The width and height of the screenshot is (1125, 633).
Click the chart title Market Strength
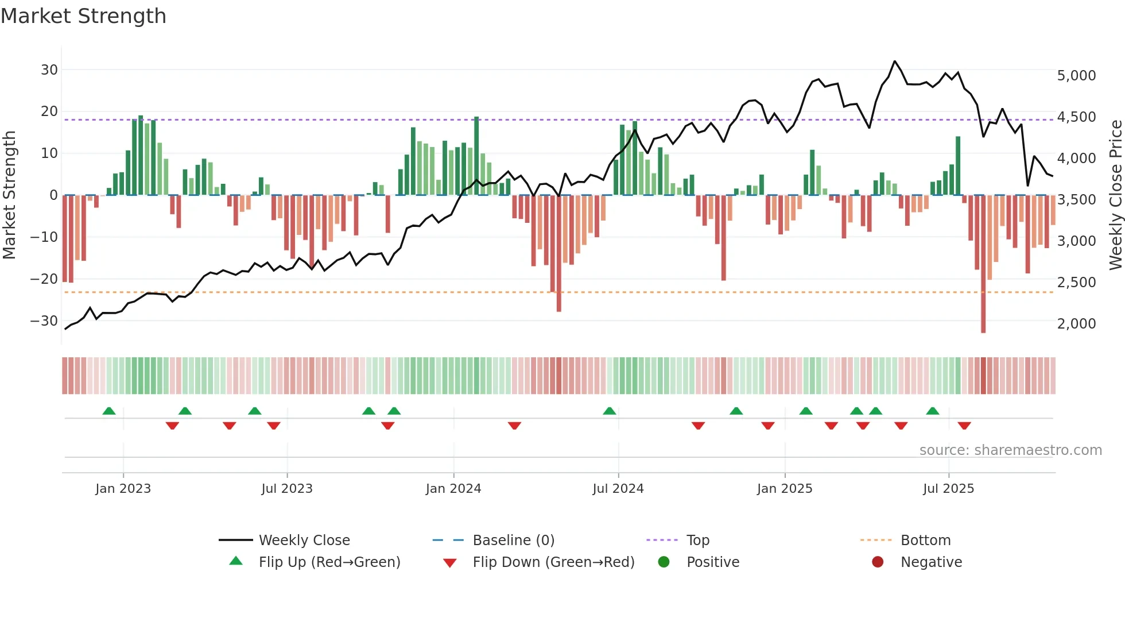(x=83, y=16)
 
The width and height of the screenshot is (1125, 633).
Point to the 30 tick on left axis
(x=49, y=70)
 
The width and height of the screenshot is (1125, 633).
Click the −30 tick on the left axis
(x=44, y=321)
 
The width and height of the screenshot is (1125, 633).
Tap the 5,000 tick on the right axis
(x=1076, y=76)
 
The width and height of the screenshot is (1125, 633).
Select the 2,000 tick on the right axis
(x=1076, y=324)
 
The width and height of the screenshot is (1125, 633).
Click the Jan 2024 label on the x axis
(x=453, y=489)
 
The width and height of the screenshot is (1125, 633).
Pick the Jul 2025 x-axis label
(x=948, y=489)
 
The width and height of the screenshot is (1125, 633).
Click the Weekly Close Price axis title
(x=1115, y=195)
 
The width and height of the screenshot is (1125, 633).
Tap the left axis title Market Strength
(x=10, y=195)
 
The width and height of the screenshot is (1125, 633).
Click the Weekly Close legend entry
(x=304, y=541)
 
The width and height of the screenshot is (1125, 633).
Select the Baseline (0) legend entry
(x=513, y=541)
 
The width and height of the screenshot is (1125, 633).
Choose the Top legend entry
(x=697, y=541)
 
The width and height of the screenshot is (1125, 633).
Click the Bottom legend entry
(x=925, y=541)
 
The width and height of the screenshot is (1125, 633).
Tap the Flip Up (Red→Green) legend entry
(x=329, y=562)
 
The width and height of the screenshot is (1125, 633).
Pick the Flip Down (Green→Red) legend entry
(x=553, y=562)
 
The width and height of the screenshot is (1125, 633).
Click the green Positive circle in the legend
(x=664, y=562)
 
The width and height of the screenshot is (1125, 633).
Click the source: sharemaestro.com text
(x=1010, y=450)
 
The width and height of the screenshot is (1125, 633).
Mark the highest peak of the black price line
(x=894, y=61)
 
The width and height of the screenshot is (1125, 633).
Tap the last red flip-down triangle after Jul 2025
(x=964, y=426)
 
